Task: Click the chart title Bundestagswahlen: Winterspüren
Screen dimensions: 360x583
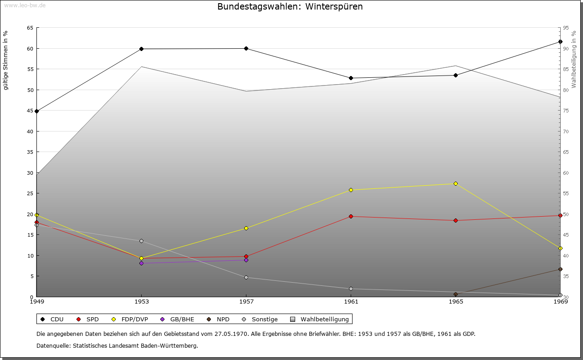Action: click(290, 7)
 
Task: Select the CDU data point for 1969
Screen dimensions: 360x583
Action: click(560, 42)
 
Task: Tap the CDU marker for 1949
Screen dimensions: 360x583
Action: click(36, 111)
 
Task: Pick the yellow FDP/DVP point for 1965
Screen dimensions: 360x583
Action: click(455, 183)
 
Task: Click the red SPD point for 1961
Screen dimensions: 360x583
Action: click(351, 216)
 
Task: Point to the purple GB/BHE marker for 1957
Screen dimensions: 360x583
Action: click(246, 260)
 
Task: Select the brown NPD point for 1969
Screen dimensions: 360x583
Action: click(560, 269)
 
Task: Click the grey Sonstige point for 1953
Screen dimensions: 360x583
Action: click(141, 241)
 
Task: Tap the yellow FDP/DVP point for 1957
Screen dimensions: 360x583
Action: click(246, 228)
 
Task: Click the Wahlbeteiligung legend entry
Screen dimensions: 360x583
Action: click(320, 319)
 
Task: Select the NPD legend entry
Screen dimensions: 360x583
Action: click(219, 319)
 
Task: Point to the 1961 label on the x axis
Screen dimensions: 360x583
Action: click(351, 301)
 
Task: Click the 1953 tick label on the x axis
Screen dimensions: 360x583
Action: click(141, 301)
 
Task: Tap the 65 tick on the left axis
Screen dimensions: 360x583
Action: click(30, 28)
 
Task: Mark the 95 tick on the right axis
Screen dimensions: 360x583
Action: click(566, 28)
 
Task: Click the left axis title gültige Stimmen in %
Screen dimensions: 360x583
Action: click(6, 60)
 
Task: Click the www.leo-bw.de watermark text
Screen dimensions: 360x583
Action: click(25, 5)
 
